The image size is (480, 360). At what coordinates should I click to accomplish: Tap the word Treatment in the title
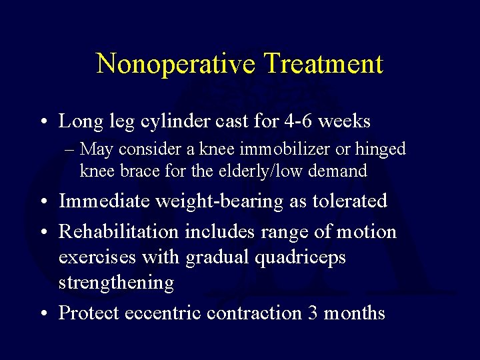[x=323, y=64]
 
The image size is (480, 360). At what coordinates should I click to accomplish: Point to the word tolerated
[x=347, y=201]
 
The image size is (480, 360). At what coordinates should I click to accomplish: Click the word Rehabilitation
[x=119, y=231]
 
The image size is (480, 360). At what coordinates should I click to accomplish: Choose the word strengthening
[x=116, y=283]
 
